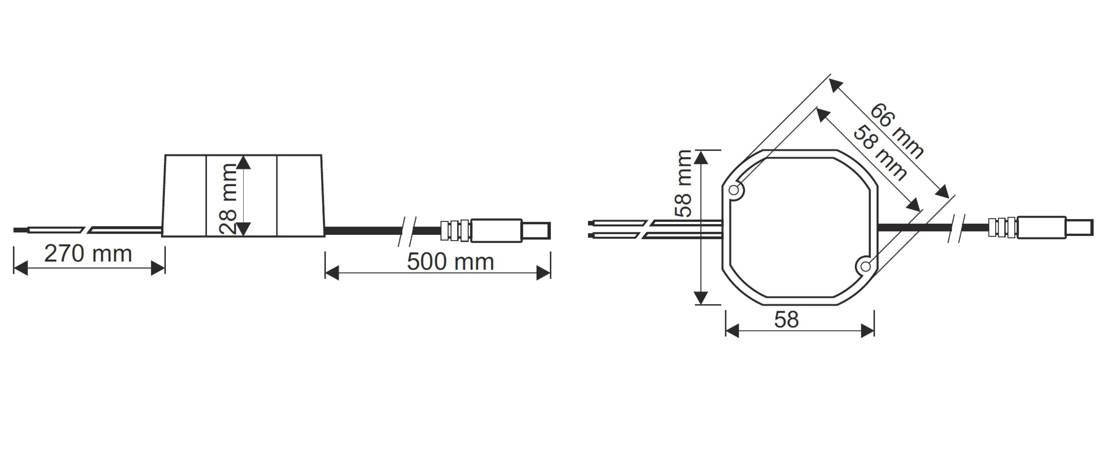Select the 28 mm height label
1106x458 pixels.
[x=228, y=199]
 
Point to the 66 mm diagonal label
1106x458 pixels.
[x=897, y=131]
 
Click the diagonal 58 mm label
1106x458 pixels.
[x=880, y=152]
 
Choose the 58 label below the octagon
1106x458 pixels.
[x=787, y=319]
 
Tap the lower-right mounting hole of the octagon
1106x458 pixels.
[x=866, y=267]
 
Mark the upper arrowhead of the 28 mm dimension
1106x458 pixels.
[x=243, y=162]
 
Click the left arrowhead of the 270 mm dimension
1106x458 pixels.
[x=20, y=268]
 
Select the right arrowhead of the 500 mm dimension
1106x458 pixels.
[x=544, y=273]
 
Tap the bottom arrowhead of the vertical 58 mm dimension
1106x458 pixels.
[x=701, y=297]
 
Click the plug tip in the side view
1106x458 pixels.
[x=536, y=231]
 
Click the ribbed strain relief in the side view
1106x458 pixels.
[x=455, y=231]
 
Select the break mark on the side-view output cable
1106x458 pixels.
[x=407, y=231]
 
